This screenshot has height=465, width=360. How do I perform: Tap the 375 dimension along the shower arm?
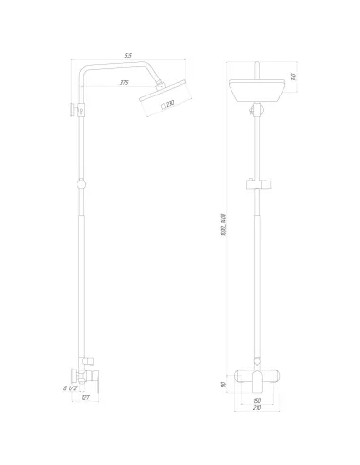123,82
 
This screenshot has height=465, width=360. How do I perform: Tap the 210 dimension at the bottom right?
256,412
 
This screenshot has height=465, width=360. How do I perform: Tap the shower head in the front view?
256,95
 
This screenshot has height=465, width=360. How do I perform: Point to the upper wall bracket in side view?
76,110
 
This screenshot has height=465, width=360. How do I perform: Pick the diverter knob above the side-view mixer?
88,360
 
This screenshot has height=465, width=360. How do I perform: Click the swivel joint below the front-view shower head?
256,112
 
